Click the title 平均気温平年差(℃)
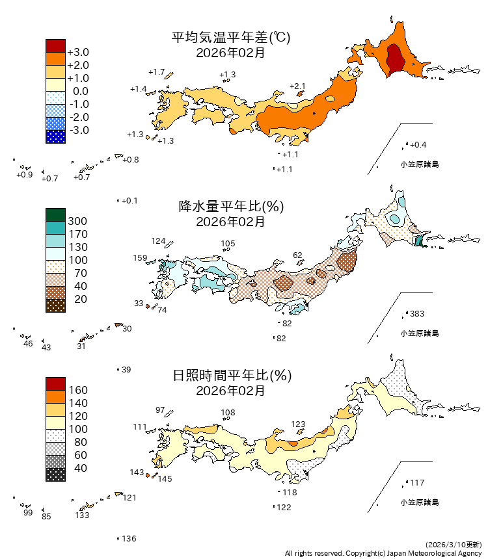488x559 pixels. pyautogui.click(x=230, y=38)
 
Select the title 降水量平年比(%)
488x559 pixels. pyautogui.click(x=230, y=207)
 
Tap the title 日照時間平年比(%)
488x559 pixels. pyautogui.click(x=230, y=376)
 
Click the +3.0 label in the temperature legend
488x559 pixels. pyautogui.click(x=78, y=52)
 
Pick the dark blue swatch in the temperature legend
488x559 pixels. pyautogui.click(x=55, y=136)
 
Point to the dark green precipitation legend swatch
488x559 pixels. pyautogui.click(x=55, y=214)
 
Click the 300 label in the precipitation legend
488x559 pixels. pyautogui.click(x=77, y=221)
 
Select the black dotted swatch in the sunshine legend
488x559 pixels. pyautogui.click(x=55, y=474)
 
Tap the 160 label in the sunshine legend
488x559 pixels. pyautogui.click(x=77, y=390)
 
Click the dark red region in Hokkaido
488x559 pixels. pyautogui.click(x=395, y=60)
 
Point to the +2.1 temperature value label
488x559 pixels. pyautogui.click(x=297, y=86)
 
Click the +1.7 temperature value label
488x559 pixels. pyautogui.click(x=156, y=71)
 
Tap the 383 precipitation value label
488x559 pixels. pyautogui.click(x=417, y=314)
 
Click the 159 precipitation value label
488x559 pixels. pyautogui.click(x=140, y=258)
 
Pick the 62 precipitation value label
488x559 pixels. pyautogui.click(x=298, y=255)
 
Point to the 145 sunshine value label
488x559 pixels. pyautogui.click(x=165, y=479)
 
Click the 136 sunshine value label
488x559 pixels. pyautogui.click(x=129, y=538)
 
